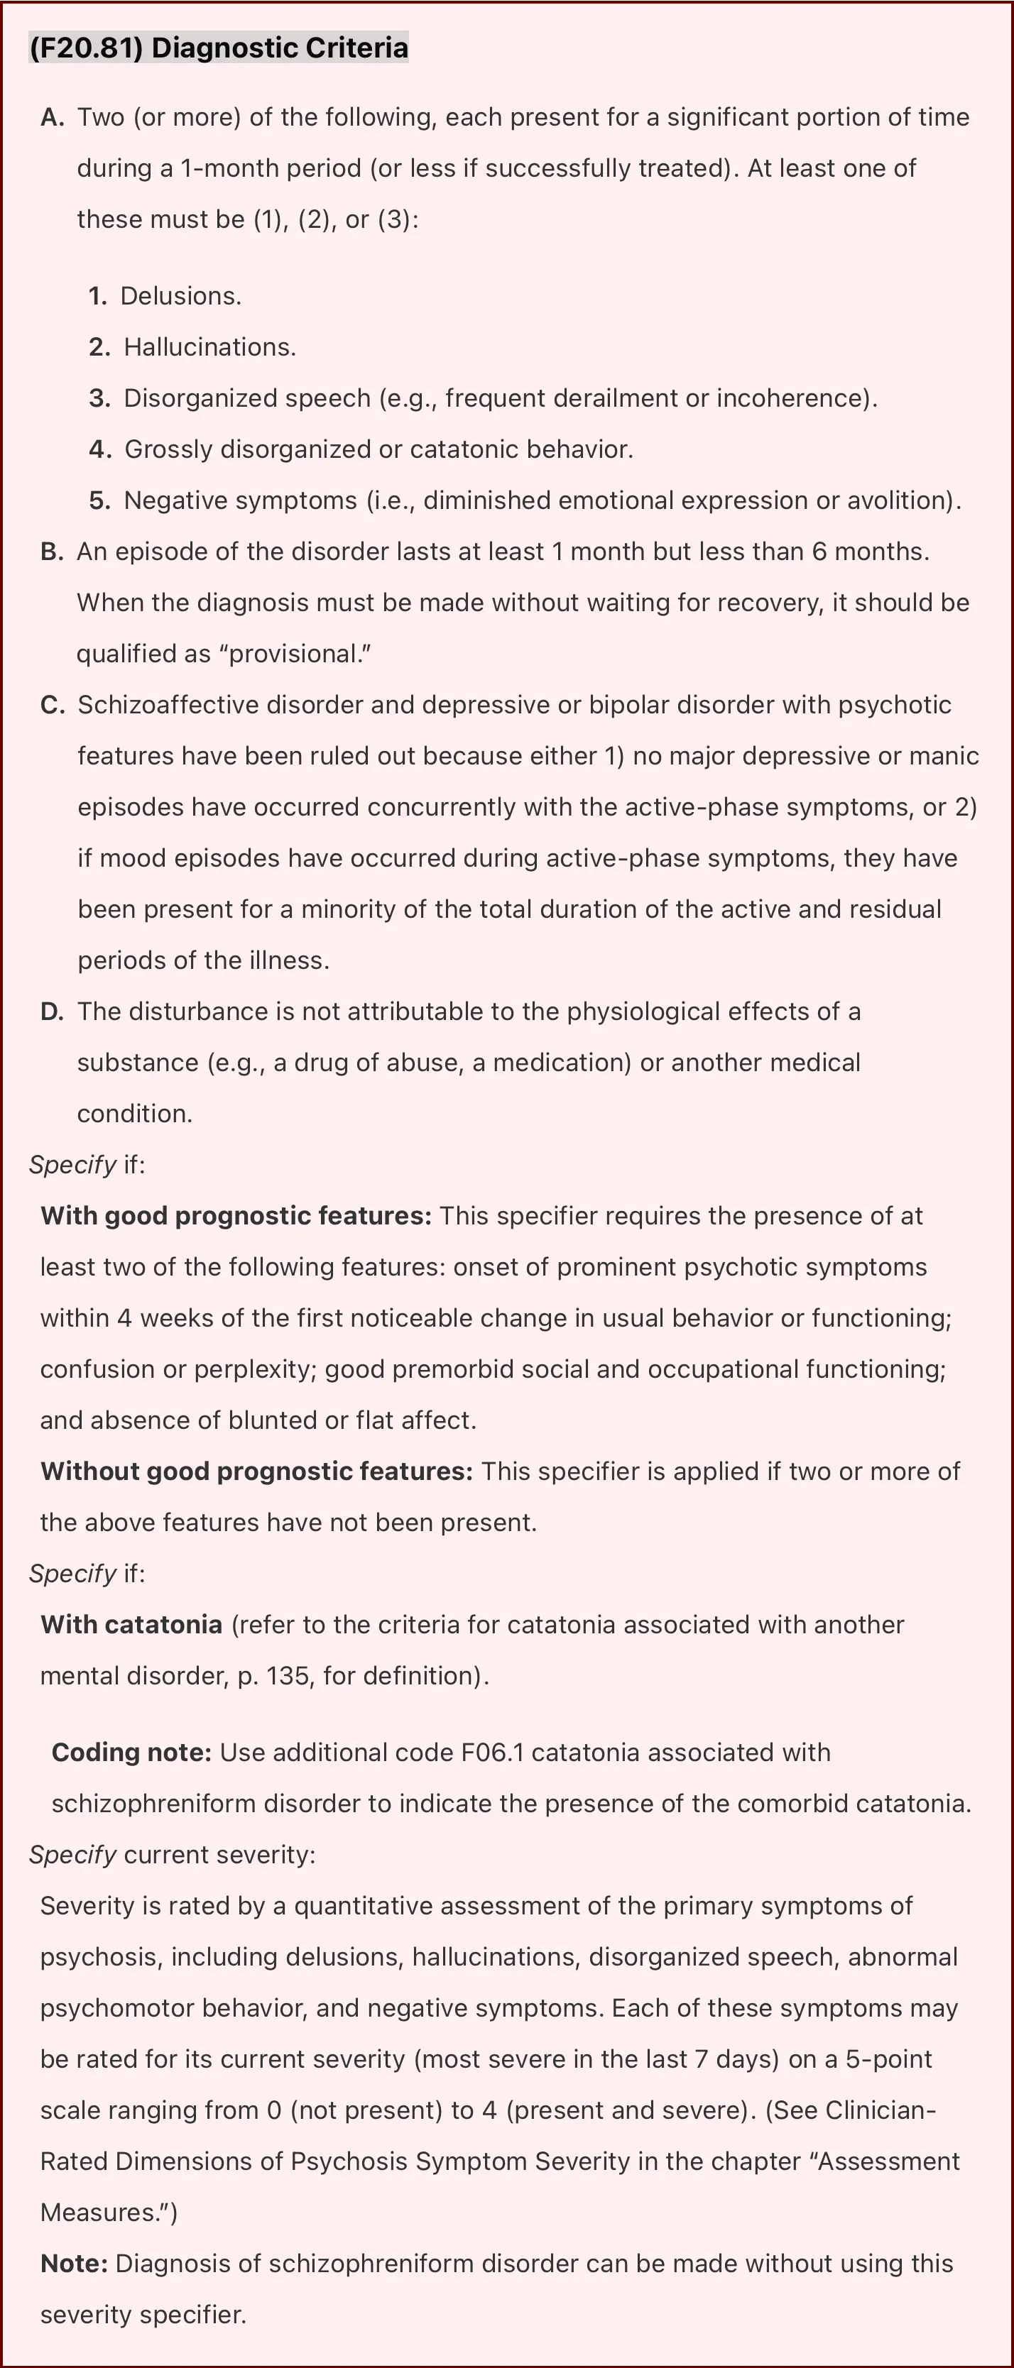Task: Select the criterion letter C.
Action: coord(53,705)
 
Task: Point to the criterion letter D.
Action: coord(53,1012)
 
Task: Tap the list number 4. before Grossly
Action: coord(100,449)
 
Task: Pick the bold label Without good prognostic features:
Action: coord(256,1471)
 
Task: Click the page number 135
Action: coord(288,1676)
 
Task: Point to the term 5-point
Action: coord(888,2059)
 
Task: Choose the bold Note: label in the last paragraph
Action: coord(74,2263)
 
